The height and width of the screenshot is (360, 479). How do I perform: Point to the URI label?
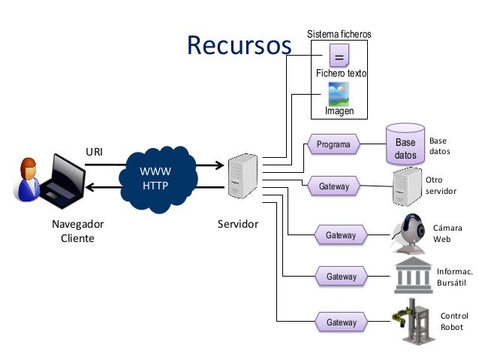[x=94, y=152]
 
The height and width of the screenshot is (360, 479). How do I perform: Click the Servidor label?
[x=237, y=224]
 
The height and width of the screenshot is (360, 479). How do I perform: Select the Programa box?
[x=333, y=144]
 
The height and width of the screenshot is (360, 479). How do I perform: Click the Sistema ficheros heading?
[x=339, y=35]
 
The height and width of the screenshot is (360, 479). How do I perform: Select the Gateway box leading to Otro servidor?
[x=333, y=186]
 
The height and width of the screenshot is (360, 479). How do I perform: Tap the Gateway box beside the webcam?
[x=341, y=235]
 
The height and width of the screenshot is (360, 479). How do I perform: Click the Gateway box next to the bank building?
[x=341, y=277]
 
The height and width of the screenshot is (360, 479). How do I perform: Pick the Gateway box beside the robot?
[x=341, y=322]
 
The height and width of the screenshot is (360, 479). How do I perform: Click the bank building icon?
[x=413, y=276]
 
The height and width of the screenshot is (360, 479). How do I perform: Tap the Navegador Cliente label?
[x=77, y=231]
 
